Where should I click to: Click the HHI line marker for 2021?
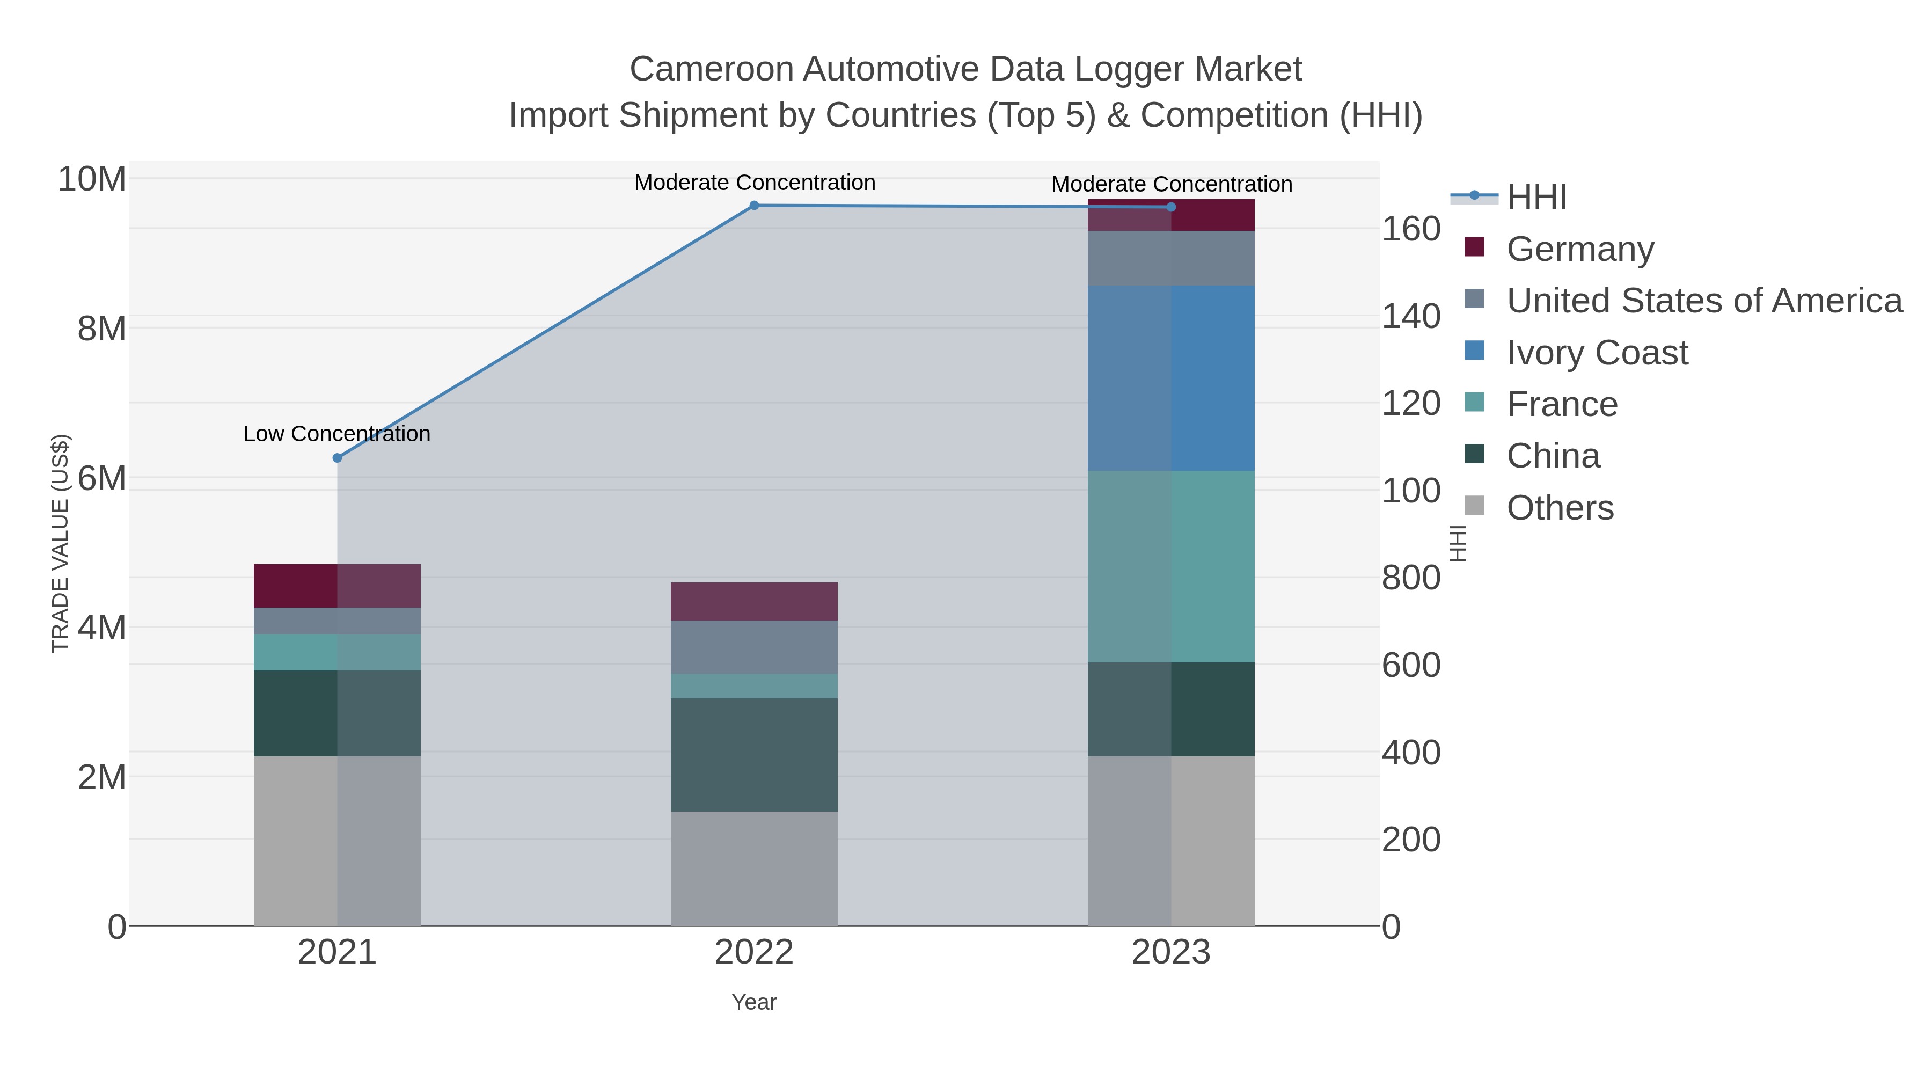[336, 457]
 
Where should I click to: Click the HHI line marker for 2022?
[754, 206]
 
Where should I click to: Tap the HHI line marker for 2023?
[1171, 207]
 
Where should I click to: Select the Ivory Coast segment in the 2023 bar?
[1171, 378]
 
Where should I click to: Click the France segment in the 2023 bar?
[1171, 566]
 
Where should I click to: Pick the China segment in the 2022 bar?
[754, 755]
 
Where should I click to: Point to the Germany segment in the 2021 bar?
[336, 586]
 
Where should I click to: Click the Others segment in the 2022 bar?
[754, 869]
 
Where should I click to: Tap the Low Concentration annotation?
[336, 434]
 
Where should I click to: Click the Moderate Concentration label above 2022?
[755, 183]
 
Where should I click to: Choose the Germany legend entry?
[1579, 249]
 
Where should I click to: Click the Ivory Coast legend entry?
[1597, 352]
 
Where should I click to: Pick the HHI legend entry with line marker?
[1536, 196]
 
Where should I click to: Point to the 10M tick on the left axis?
[91, 179]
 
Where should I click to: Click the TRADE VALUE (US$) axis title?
[60, 543]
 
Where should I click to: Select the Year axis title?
[754, 1002]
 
